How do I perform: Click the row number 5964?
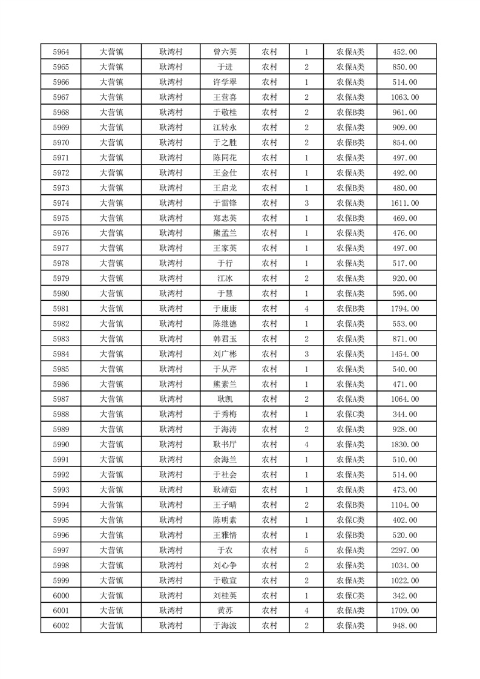click(x=61, y=52)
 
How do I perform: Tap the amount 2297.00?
click(x=405, y=550)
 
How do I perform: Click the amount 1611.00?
click(x=405, y=203)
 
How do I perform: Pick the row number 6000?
click(x=61, y=595)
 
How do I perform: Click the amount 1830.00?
click(x=405, y=444)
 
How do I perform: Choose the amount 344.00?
click(x=405, y=414)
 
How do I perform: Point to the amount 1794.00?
click(x=405, y=309)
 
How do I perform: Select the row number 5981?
click(x=61, y=309)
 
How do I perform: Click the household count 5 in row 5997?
click(x=307, y=550)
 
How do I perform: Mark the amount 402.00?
click(x=405, y=520)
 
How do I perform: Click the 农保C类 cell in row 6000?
click(x=350, y=595)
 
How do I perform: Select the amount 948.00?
click(x=405, y=625)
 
